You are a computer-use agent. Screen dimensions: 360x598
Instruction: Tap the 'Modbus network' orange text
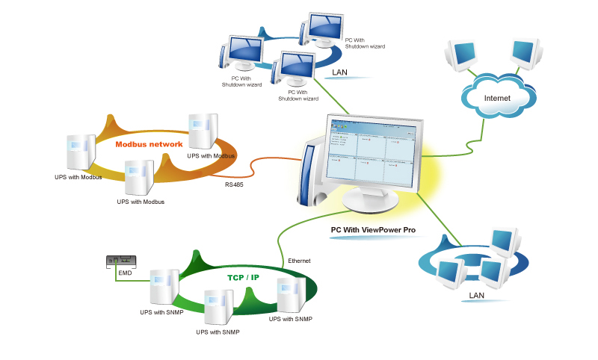click(149, 143)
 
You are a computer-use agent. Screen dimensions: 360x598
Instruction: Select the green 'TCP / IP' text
click(243, 277)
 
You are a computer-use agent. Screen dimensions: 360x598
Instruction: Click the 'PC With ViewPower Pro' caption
click(373, 230)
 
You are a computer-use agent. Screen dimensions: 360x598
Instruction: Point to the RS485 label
click(235, 182)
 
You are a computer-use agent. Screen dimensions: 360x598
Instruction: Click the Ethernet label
click(299, 261)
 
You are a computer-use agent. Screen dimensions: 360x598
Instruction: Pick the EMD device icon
click(121, 261)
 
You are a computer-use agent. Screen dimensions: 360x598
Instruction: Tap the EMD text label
click(125, 274)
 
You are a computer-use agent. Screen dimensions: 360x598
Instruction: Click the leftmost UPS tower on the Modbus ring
click(80, 152)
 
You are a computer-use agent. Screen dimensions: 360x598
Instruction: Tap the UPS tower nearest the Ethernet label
click(291, 294)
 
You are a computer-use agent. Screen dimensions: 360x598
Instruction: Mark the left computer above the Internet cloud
click(460, 54)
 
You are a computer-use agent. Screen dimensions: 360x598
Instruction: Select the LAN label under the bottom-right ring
click(477, 296)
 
